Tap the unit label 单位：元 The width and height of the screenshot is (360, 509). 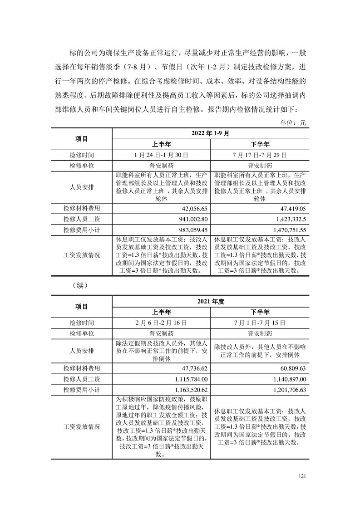[x=295, y=123]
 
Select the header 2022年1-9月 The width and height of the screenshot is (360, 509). [x=211, y=133]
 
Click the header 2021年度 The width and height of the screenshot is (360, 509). [x=211, y=301]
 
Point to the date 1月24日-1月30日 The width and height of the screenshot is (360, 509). [x=162, y=155]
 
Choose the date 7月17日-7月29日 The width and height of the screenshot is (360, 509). [x=260, y=155]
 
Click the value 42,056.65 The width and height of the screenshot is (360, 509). [x=194, y=208]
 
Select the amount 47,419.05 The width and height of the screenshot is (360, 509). [x=293, y=208]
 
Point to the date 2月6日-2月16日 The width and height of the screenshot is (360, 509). [x=162, y=323]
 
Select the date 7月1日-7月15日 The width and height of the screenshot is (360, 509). [x=260, y=323]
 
